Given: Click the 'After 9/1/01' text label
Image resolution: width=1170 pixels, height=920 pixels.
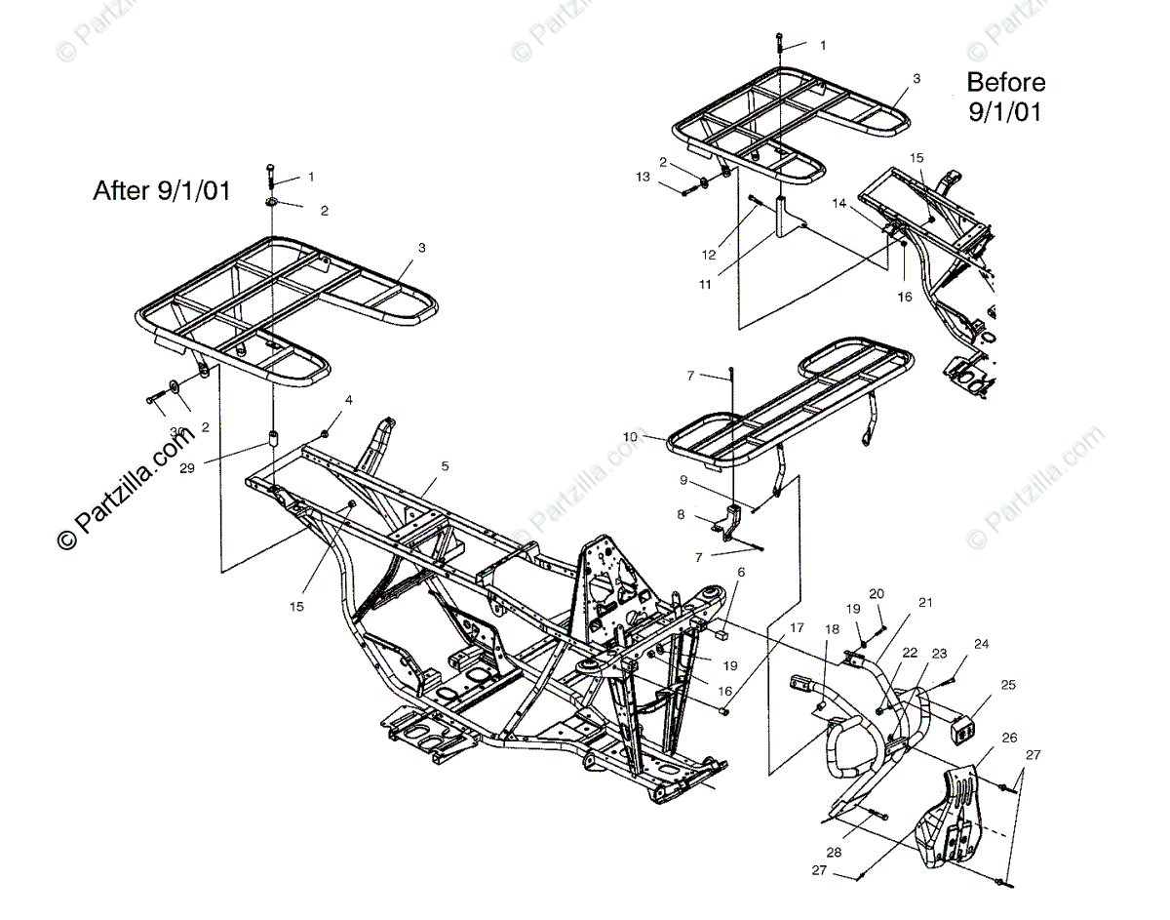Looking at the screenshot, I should tap(162, 190).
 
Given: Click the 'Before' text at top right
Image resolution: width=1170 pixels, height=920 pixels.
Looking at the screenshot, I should tap(1005, 82).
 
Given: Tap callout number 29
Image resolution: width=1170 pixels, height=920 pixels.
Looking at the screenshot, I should tap(187, 467).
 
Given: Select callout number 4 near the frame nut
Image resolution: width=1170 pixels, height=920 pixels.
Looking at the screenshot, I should tap(348, 400).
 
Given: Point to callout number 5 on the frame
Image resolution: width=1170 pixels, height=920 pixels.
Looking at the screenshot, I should tap(444, 466).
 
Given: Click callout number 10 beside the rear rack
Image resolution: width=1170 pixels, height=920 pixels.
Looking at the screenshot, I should tap(630, 437).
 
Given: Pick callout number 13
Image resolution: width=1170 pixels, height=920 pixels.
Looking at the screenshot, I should tap(670, 177).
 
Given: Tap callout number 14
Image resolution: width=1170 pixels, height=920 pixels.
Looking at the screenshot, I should tap(839, 203).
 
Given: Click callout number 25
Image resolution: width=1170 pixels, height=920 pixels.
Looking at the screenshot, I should tap(1007, 685).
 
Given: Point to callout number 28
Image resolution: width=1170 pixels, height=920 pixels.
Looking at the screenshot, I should tap(835, 852).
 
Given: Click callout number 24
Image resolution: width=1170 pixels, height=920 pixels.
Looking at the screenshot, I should tap(981, 644).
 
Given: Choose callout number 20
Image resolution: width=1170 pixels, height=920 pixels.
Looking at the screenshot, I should tap(877, 593).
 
